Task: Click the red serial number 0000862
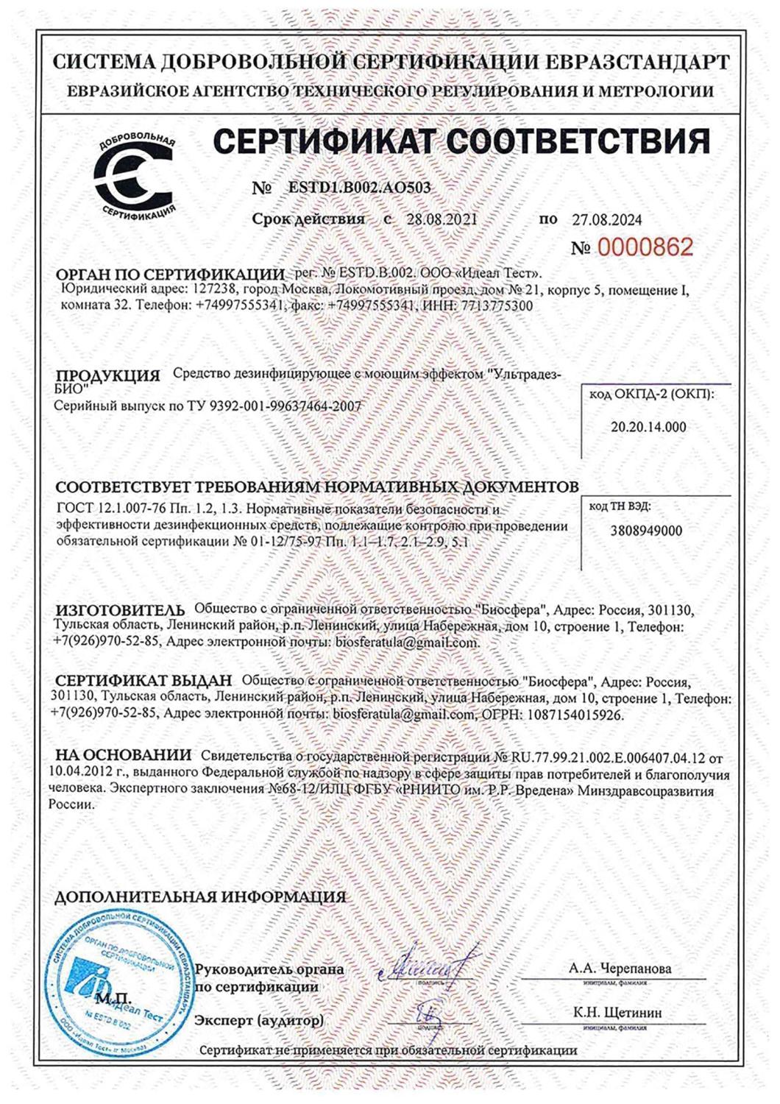click(645, 247)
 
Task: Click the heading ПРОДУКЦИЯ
click(107, 376)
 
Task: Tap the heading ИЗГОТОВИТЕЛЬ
click(122, 612)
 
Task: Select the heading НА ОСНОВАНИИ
click(123, 756)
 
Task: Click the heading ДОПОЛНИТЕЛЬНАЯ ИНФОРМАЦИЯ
click(200, 896)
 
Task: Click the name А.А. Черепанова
click(620, 969)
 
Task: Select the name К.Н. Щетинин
click(618, 1013)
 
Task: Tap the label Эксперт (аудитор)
click(258, 1021)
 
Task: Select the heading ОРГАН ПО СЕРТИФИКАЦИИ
click(170, 273)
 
